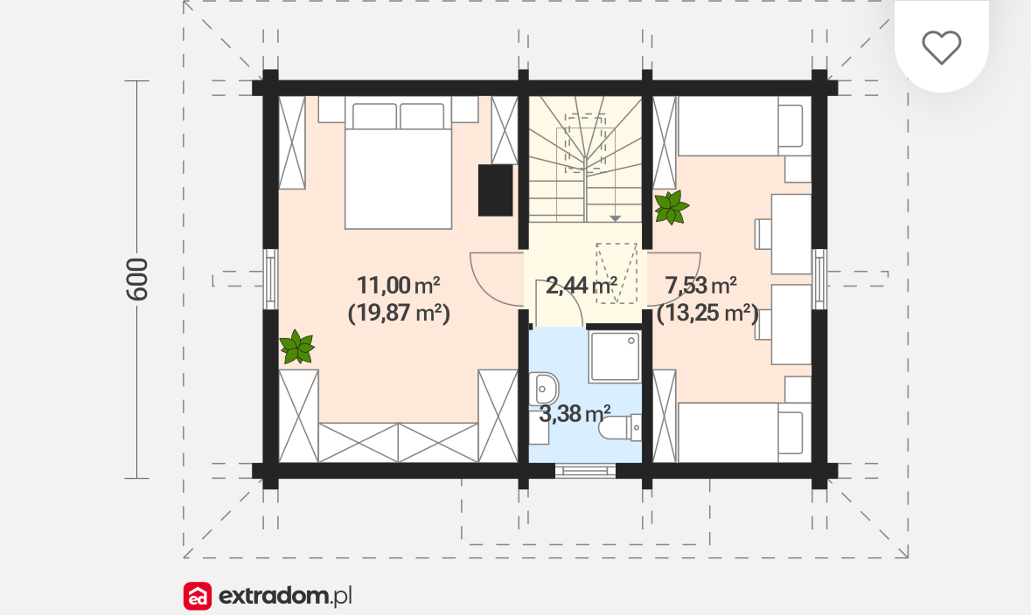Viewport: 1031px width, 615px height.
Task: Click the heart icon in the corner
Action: coord(942,47)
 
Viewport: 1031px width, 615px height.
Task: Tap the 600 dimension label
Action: coord(136,280)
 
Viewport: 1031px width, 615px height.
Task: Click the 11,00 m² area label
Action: coord(399,285)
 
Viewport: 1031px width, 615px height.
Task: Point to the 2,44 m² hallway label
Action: coord(582,285)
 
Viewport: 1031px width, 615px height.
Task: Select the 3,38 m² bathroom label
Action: coord(575,413)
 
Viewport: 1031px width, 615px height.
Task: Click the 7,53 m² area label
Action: coord(701,285)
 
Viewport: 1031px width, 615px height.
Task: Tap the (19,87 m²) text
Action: coord(399,313)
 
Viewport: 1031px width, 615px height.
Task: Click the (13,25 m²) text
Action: coord(707,313)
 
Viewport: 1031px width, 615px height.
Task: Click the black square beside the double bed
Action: coord(495,190)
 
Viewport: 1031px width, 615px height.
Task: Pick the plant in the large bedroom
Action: coord(296,347)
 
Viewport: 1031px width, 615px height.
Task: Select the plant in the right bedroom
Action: coord(672,208)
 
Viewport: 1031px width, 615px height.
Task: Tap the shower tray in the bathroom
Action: coord(615,356)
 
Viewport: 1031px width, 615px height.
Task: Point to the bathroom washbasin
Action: coord(543,389)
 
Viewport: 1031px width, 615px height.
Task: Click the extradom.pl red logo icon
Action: coord(198,596)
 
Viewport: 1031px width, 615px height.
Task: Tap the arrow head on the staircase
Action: coord(615,218)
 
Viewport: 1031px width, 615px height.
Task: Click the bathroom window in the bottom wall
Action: coord(585,470)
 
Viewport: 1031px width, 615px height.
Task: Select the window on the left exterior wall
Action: coord(270,279)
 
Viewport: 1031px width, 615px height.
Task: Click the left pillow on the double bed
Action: coord(375,116)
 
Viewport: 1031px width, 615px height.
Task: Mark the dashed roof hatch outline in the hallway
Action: coord(617,273)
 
